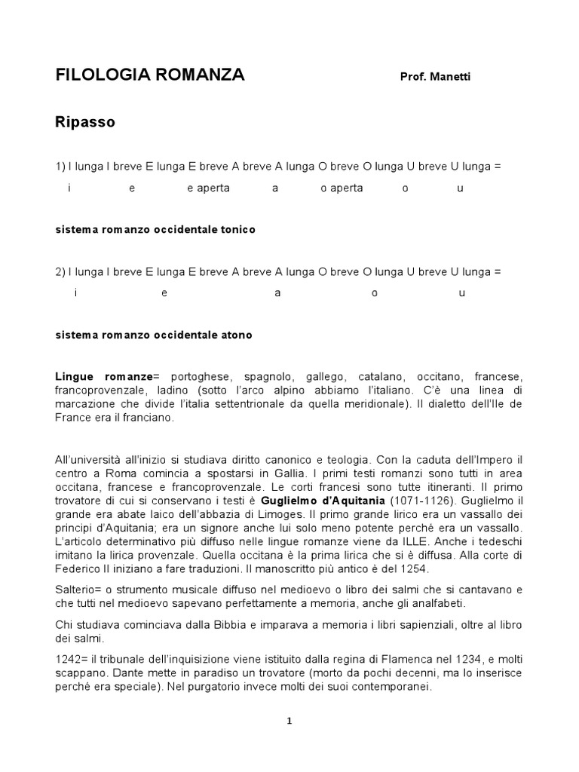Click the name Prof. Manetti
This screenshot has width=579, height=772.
click(435, 78)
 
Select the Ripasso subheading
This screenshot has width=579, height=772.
click(84, 122)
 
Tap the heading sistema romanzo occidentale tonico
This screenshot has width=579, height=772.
click(155, 230)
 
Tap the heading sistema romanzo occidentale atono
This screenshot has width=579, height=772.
click(154, 335)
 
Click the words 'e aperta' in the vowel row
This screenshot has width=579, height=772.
click(208, 188)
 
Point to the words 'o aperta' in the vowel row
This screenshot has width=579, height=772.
click(342, 188)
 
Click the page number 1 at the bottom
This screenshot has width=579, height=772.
click(289, 721)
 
